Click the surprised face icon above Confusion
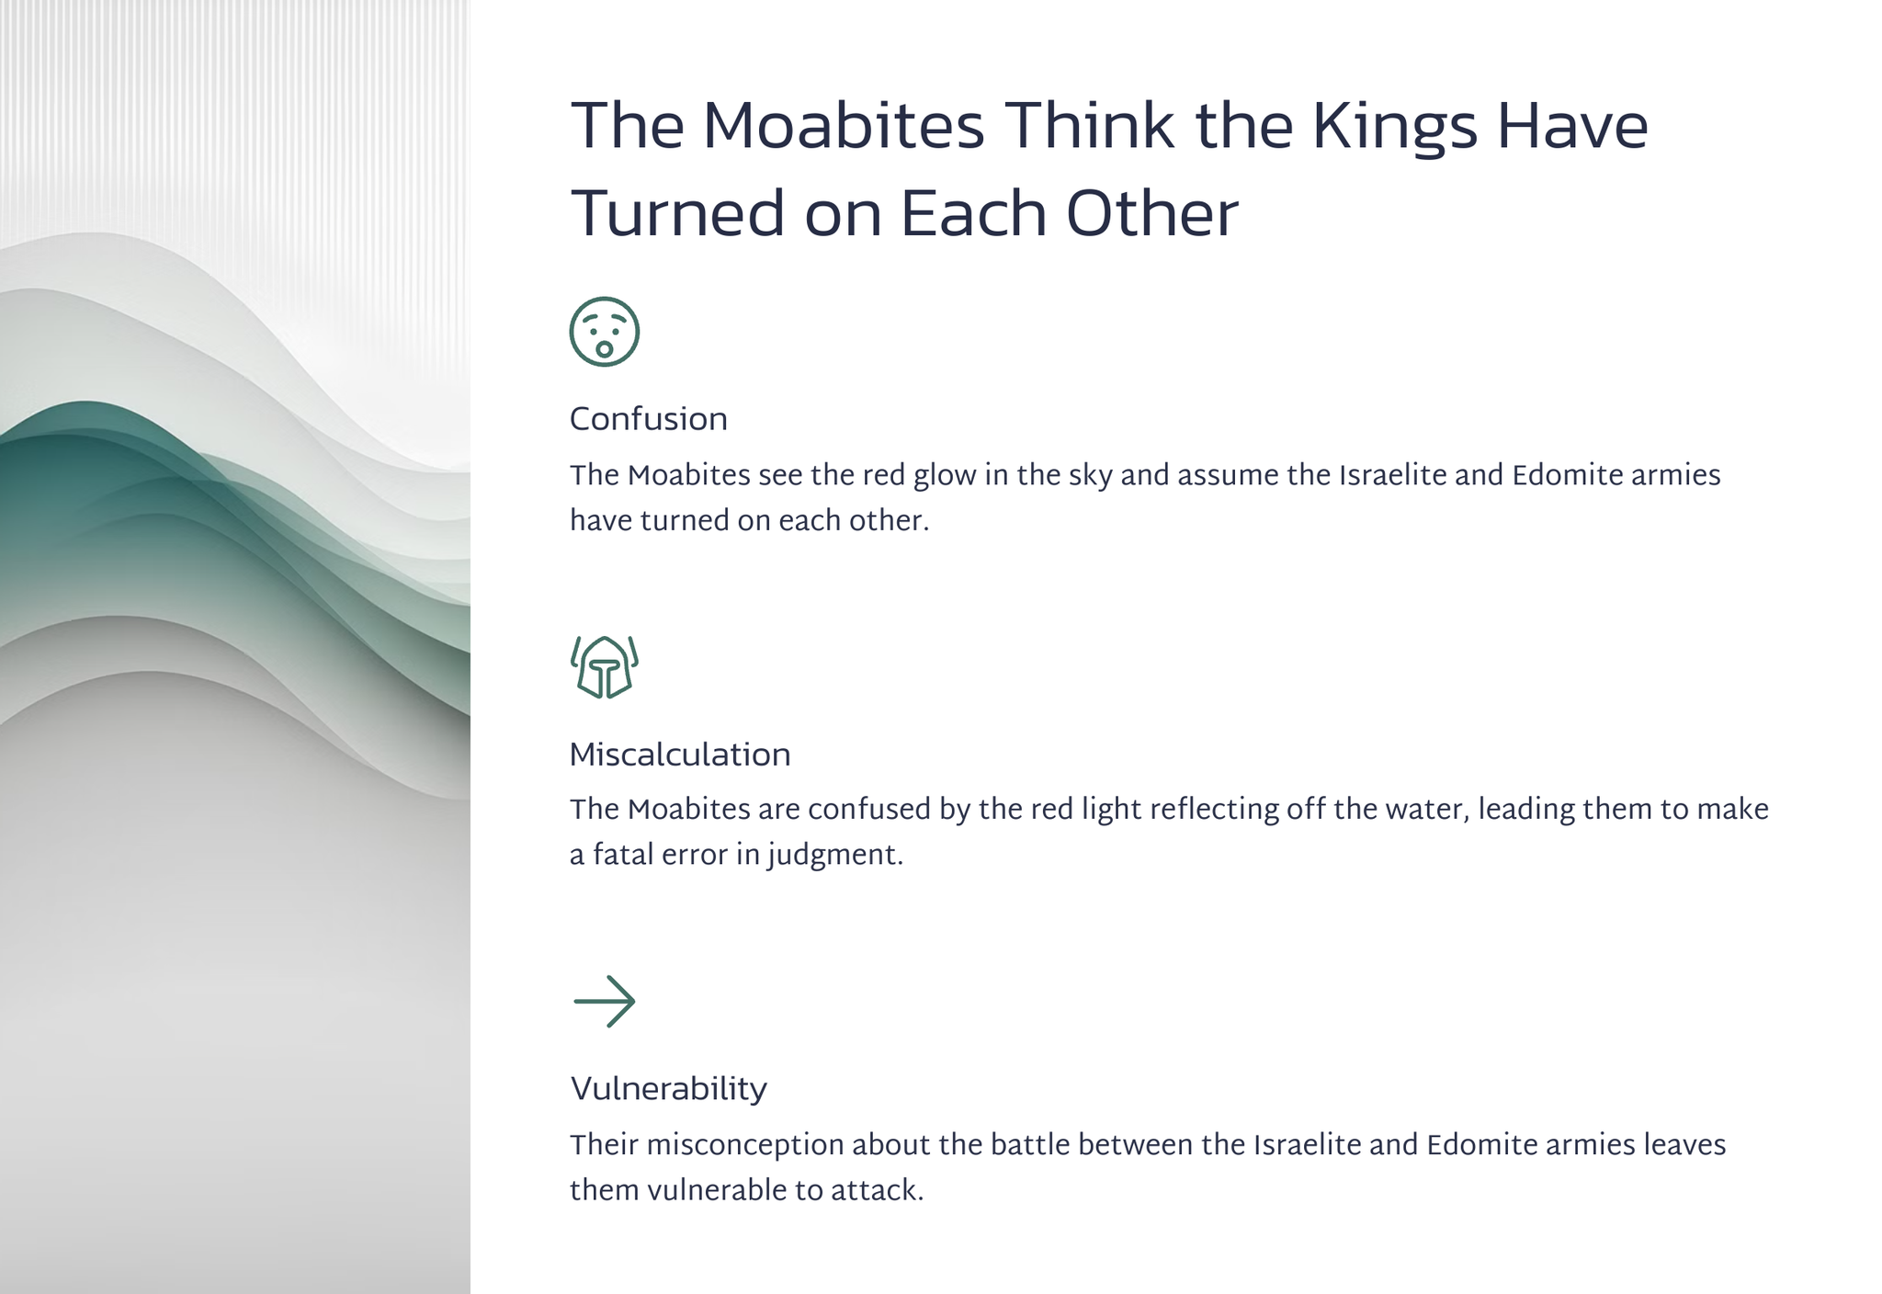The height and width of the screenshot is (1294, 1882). click(x=604, y=332)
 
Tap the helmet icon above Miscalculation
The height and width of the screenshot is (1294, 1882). click(x=604, y=667)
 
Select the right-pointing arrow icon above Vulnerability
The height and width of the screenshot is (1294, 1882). click(x=604, y=1001)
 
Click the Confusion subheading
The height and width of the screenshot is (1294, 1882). click(x=648, y=419)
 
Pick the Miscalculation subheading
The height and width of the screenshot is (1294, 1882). click(x=679, y=755)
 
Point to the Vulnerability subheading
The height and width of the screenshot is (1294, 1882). click(x=668, y=1089)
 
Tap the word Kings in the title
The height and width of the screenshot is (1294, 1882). click(x=1394, y=129)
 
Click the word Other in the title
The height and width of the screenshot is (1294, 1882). click(x=1151, y=213)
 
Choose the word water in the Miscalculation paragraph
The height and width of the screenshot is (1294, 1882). click(x=1419, y=810)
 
